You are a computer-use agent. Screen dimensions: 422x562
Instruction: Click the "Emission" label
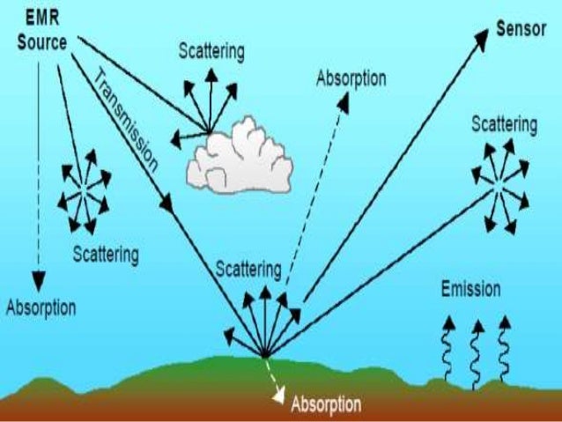pos(470,289)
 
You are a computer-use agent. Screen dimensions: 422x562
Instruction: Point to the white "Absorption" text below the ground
pos(326,405)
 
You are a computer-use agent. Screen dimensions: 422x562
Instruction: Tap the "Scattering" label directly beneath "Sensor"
pos(503,123)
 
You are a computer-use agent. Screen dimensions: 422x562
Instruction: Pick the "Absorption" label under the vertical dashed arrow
pos(41,307)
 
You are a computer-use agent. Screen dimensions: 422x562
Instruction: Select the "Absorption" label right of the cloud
pos(351,78)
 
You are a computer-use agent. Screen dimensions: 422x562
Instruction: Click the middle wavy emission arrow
pos(477,351)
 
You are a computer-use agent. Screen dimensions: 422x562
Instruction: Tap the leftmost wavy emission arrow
pos(447,351)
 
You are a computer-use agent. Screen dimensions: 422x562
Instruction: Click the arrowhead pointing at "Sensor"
pos(482,37)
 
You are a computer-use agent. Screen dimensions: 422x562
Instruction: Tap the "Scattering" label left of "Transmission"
pos(105,255)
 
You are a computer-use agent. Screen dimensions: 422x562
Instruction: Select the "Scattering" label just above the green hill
pos(249,268)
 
